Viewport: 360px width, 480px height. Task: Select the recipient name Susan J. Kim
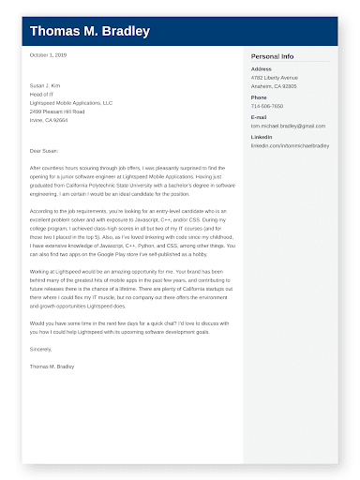pos(44,86)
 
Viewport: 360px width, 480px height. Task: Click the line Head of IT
pos(41,95)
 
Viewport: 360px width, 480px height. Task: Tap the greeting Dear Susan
pos(43,150)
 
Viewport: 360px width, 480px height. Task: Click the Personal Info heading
pos(272,57)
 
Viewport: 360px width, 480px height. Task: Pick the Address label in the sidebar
pos(262,68)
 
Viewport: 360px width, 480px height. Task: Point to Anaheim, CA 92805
pos(274,85)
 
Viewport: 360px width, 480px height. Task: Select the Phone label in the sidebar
pos(259,97)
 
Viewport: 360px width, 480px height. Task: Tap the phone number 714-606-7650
pos(267,106)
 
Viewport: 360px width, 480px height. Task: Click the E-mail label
pos(259,117)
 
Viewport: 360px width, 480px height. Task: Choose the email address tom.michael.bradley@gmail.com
pos(289,126)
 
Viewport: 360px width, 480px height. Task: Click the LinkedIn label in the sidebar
pos(262,138)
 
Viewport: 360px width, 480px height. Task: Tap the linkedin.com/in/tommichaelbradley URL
pos(291,146)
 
